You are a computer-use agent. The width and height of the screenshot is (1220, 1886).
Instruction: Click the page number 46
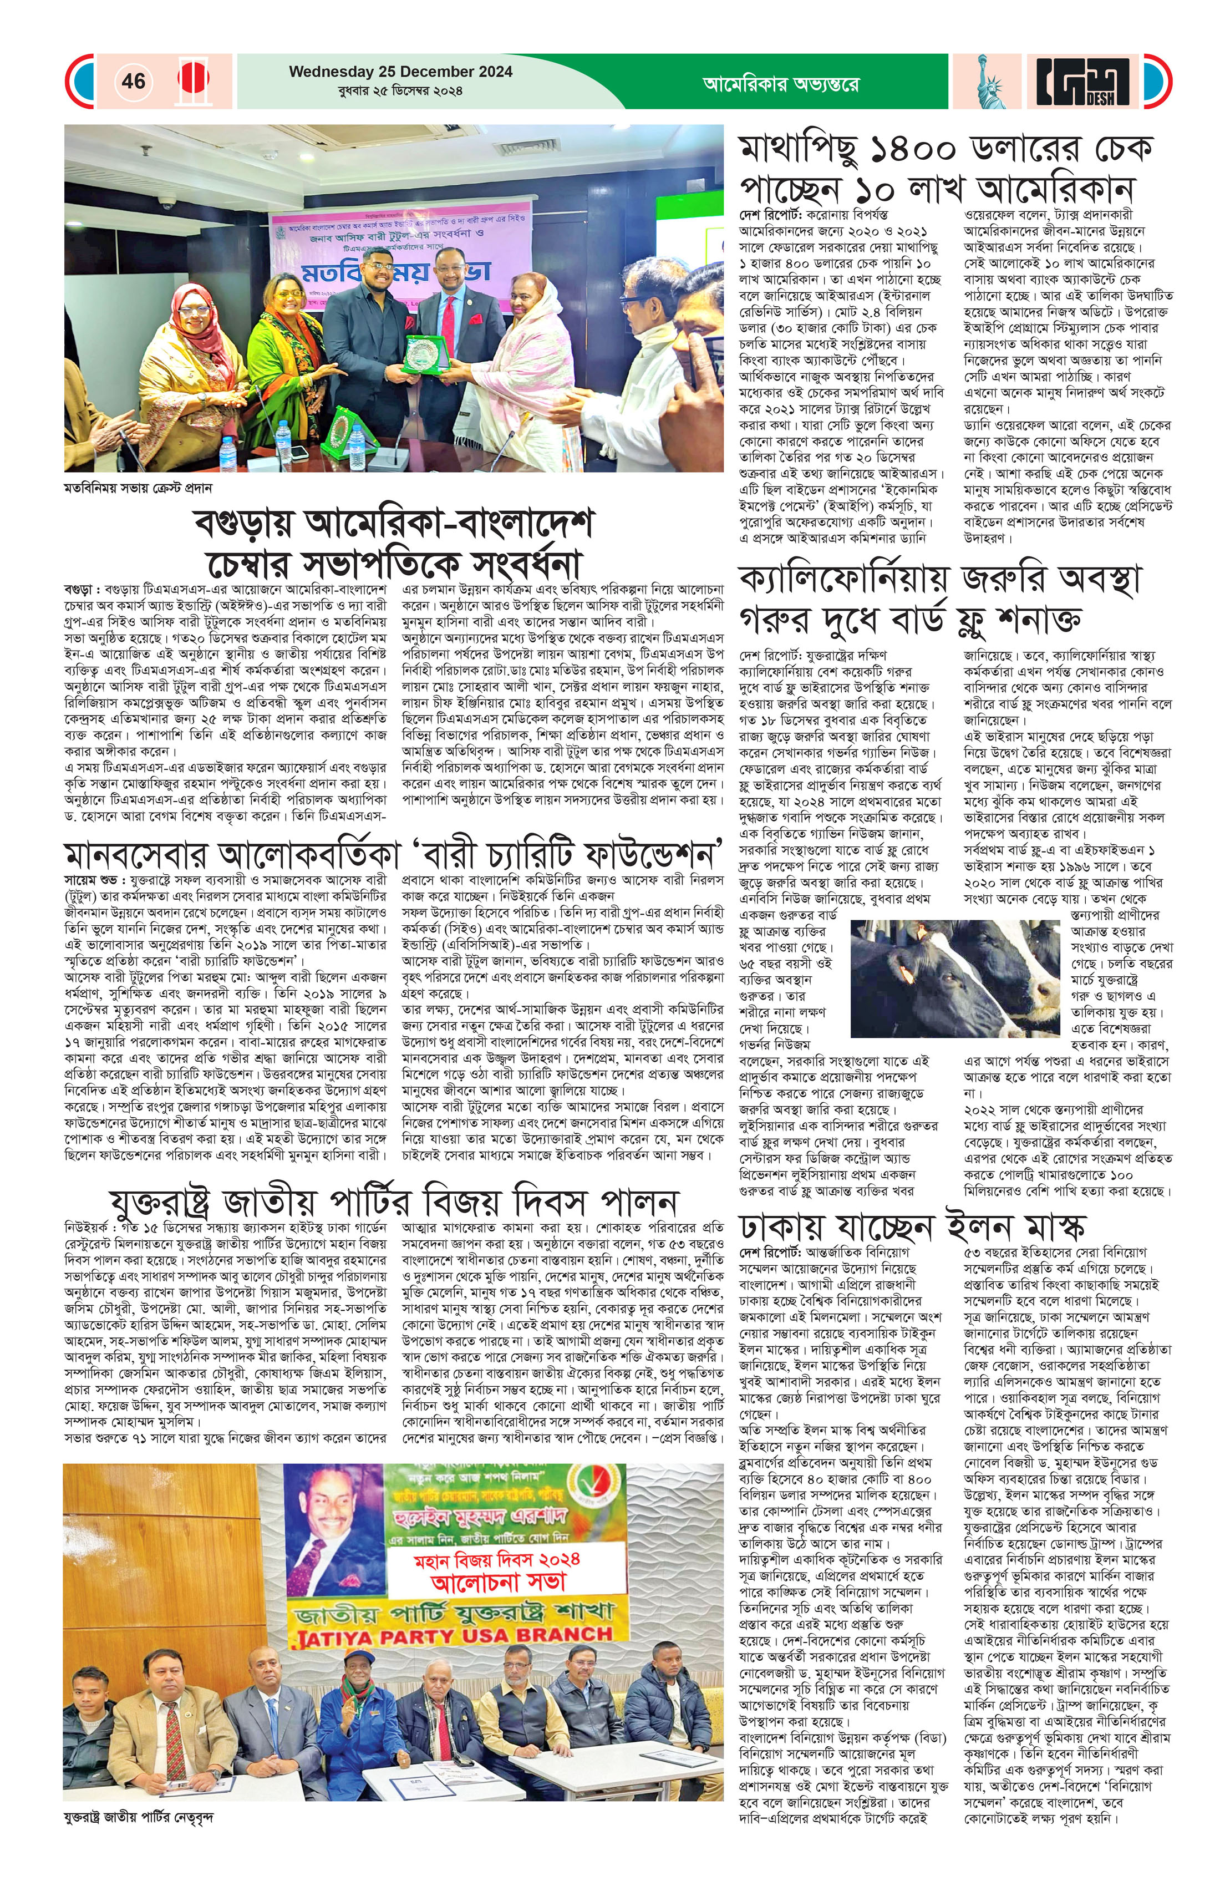[x=134, y=81]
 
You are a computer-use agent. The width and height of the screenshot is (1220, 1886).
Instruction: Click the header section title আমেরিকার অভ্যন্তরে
[x=780, y=83]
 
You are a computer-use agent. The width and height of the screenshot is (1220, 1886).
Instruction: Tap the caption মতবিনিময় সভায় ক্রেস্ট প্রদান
[x=138, y=489]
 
